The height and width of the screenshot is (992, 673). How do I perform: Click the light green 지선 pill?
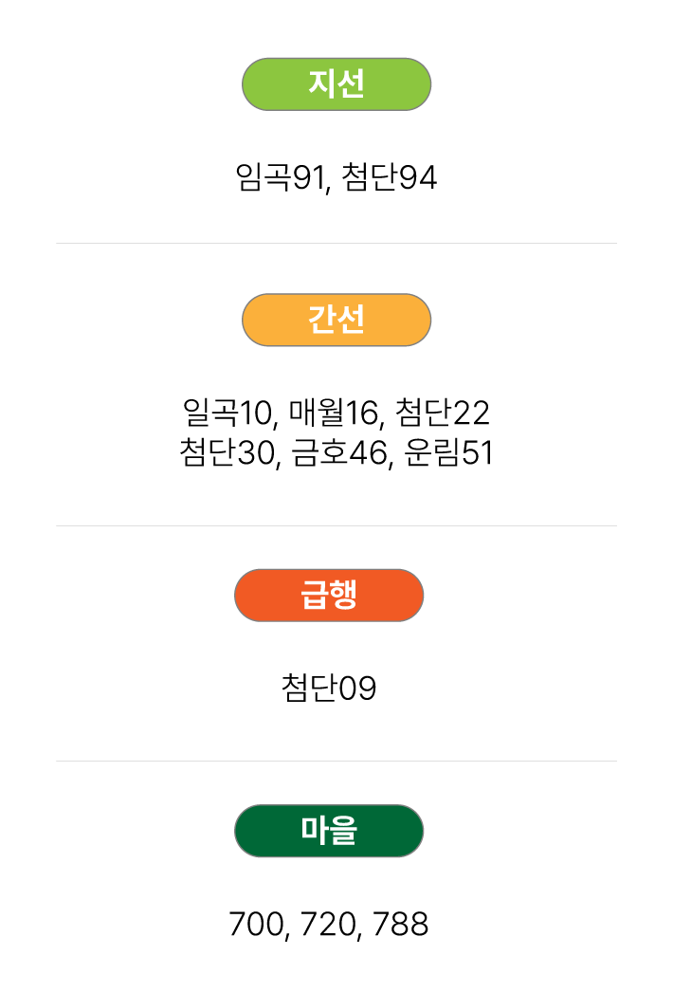pyautogui.click(x=336, y=84)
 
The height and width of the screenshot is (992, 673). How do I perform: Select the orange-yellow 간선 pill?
pyautogui.click(x=336, y=321)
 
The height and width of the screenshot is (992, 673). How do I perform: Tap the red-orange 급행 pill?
pyautogui.click(x=329, y=596)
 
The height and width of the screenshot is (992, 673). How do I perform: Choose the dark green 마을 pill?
pyautogui.click(x=329, y=832)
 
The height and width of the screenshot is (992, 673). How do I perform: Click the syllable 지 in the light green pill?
pyautogui.click(x=321, y=84)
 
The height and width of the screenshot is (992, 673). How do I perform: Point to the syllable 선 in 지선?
pyautogui.click(x=351, y=84)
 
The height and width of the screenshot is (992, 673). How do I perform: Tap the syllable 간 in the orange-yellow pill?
pyautogui.click(x=321, y=321)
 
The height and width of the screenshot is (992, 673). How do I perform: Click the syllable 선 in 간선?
pyautogui.click(x=351, y=321)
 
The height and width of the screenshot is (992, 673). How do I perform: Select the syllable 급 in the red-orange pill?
pyautogui.click(x=315, y=596)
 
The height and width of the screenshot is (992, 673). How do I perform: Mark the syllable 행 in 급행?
pyautogui.click(x=343, y=596)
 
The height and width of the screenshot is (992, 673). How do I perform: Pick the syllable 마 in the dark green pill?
pyautogui.click(x=315, y=832)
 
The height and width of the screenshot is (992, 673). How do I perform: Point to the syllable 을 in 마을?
pyautogui.click(x=343, y=832)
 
